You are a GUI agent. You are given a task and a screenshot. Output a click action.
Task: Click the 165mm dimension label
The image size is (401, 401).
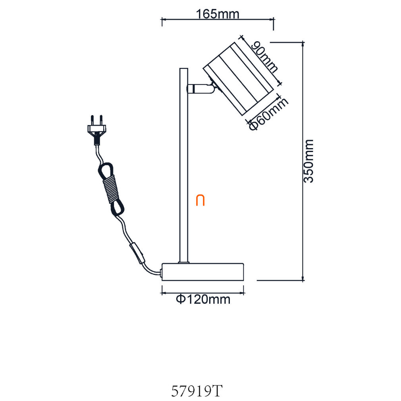click(218, 14)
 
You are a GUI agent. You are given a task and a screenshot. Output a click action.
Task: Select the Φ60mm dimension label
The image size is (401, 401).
click(268, 114)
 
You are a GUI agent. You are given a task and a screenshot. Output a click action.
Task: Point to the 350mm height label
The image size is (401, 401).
click(308, 161)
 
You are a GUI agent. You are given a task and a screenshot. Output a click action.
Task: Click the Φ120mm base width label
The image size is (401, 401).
click(203, 299)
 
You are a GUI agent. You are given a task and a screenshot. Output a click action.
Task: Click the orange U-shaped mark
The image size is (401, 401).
click(200, 200)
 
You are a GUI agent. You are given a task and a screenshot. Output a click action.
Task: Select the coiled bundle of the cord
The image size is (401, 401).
click(111, 189)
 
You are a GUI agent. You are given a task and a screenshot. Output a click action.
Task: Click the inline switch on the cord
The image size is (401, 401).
click(137, 253)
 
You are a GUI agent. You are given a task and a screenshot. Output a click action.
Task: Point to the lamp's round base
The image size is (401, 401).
click(203, 272)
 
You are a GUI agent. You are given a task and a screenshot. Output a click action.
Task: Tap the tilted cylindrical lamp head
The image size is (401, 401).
click(238, 79)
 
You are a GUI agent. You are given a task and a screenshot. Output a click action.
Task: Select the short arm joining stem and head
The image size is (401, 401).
click(200, 89)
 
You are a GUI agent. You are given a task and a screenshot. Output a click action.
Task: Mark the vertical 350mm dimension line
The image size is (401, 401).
click(303, 161)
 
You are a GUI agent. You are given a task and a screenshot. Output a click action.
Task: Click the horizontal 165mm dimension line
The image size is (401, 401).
click(218, 19)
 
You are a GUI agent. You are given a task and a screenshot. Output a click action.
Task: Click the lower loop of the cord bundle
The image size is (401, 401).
click(118, 207)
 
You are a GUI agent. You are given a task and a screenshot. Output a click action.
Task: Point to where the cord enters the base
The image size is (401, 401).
click(161, 273)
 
